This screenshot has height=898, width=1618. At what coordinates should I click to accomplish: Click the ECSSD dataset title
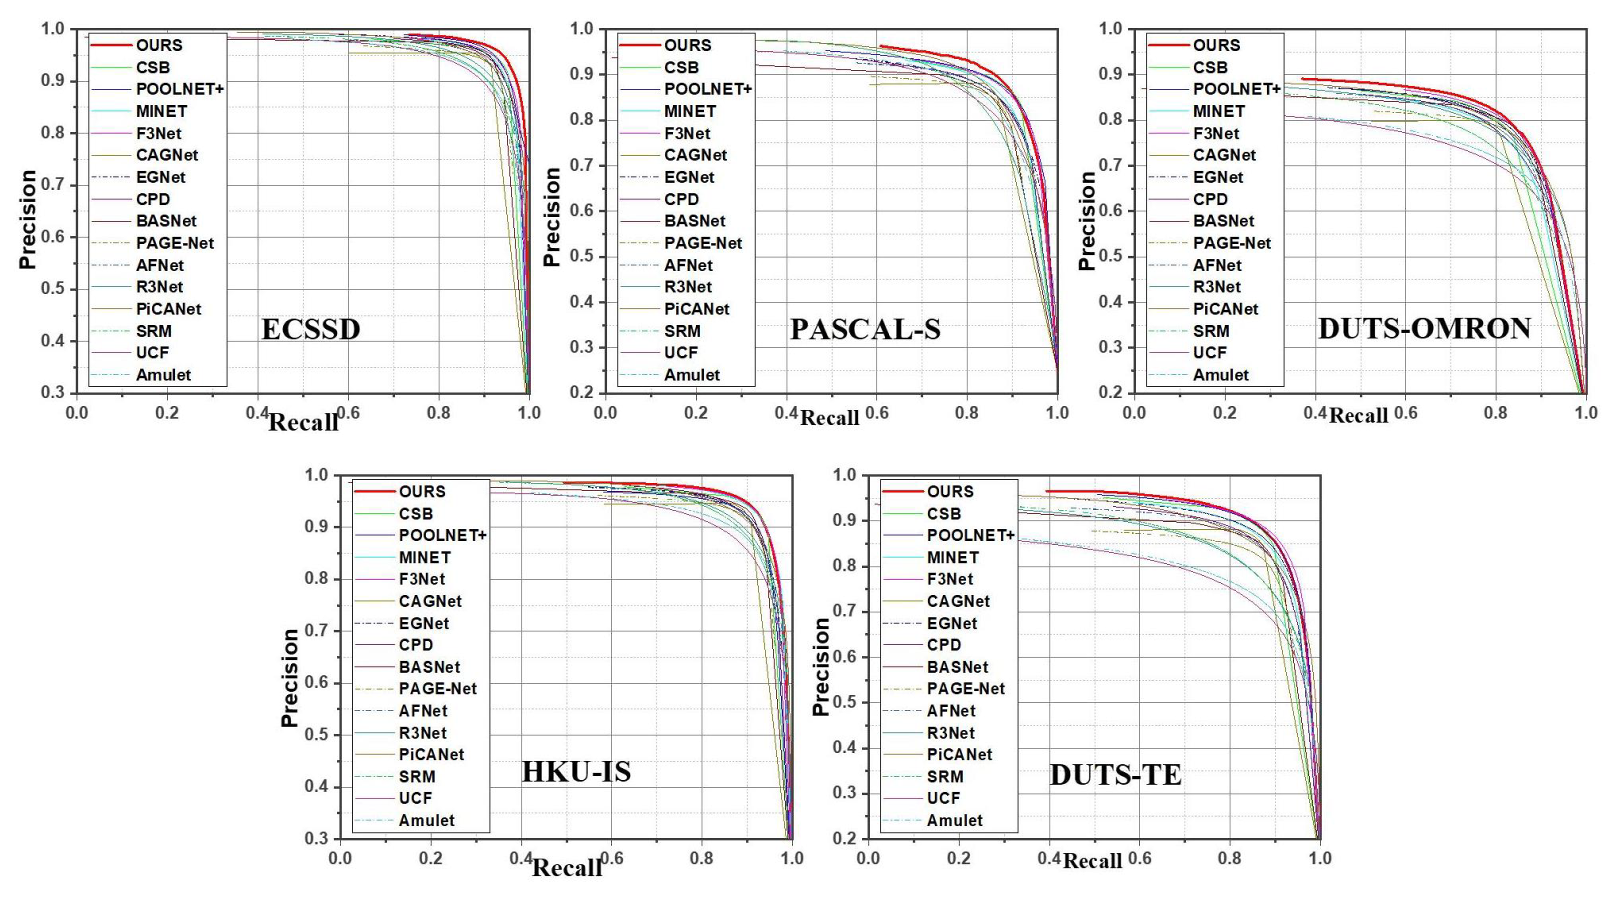[x=310, y=329]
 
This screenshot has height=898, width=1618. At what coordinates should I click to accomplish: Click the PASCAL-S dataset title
[x=865, y=329]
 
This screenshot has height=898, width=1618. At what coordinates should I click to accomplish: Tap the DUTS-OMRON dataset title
[x=1424, y=328]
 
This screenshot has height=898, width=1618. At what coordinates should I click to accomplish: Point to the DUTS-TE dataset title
[x=1115, y=775]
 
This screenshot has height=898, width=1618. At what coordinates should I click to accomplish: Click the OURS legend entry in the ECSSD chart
[x=159, y=45]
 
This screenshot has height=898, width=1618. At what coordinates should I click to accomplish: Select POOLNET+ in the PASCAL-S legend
[x=708, y=89]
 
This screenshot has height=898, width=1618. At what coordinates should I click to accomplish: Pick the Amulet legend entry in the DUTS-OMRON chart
[x=1220, y=375]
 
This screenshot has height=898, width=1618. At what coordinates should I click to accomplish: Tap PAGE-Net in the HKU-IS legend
[x=438, y=689]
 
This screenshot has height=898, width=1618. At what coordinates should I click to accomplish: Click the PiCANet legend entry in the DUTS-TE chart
[x=959, y=754]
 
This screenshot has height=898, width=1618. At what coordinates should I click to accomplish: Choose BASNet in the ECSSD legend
[x=166, y=221]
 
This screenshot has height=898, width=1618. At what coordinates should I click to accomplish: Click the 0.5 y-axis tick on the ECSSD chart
[x=53, y=289]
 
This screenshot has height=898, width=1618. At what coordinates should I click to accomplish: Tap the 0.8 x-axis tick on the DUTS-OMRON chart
[x=1495, y=412]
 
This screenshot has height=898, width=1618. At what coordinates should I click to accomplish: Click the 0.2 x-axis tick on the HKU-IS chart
[x=431, y=858]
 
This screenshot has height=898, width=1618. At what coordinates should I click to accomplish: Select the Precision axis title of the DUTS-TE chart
[x=820, y=666]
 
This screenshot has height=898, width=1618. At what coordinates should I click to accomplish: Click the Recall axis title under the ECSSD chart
[x=303, y=422]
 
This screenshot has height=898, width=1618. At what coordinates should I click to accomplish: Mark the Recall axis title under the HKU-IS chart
[x=567, y=868]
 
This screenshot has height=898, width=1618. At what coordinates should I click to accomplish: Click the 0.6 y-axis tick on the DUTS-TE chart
[x=845, y=657]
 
